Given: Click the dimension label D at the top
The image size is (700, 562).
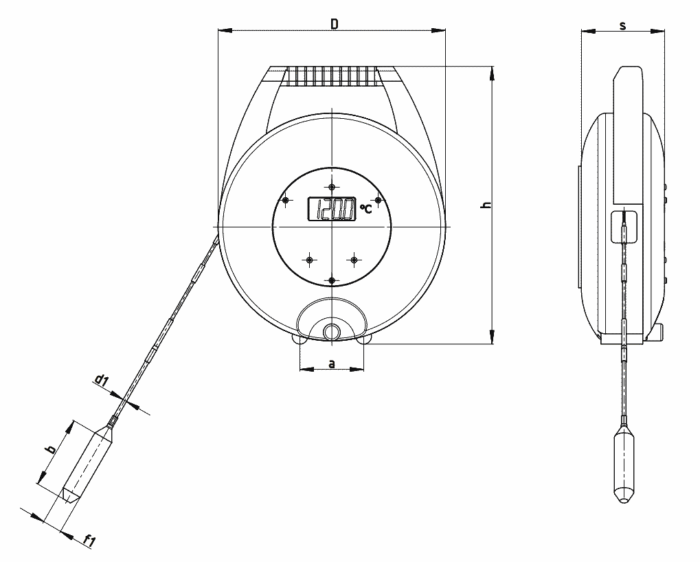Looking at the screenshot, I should point(334,23).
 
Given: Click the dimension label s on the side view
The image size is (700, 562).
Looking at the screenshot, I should point(622,25).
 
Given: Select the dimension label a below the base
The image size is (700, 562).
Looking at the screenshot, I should point(332,363).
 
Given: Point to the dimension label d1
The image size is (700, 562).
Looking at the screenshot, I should point(102,379).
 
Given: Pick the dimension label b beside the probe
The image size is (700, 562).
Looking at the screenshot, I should point(49,450).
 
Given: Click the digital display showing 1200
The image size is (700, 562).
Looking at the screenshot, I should point(331,209).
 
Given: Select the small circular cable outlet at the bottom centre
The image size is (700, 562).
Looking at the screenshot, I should point(332,330).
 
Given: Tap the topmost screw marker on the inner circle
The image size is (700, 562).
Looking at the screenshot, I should point(332,187).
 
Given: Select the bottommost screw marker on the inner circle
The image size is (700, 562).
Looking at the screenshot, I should point(332,280).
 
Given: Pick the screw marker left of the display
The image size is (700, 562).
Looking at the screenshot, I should point(286,200).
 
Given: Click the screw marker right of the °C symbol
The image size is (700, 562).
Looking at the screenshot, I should point(378,200).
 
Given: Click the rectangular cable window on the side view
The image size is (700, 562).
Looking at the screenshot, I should point(624,226).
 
